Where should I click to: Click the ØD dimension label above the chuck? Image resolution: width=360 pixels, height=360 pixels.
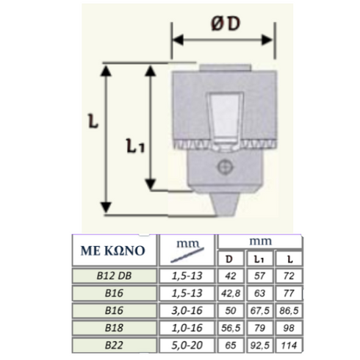(x=226, y=24)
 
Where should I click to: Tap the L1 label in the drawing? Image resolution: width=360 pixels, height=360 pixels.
(x=135, y=145)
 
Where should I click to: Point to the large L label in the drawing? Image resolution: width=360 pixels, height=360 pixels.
(x=93, y=121)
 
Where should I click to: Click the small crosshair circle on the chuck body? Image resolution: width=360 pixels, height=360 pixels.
(x=225, y=167)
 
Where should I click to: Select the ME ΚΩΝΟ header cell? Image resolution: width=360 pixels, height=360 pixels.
(x=114, y=251)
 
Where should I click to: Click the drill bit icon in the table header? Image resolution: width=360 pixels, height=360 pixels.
(x=187, y=255)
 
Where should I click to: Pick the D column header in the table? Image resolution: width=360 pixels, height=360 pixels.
(x=229, y=259)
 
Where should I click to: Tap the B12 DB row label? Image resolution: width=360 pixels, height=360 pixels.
(x=114, y=276)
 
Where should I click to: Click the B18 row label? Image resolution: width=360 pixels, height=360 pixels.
(x=114, y=328)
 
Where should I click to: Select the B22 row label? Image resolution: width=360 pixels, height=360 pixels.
(x=114, y=345)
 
